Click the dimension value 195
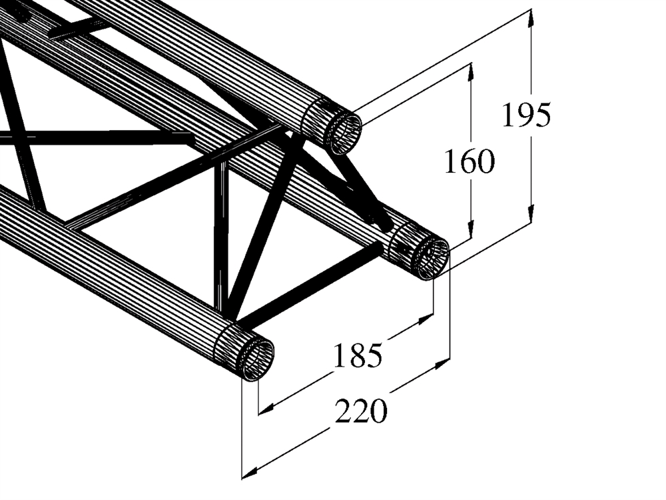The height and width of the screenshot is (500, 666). [x=526, y=115]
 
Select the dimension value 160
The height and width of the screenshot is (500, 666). [x=470, y=161]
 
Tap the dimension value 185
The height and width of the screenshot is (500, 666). [x=358, y=355]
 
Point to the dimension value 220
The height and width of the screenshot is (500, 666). [x=361, y=411]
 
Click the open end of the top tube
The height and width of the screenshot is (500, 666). [x=343, y=132]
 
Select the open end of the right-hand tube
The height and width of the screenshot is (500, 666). [x=431, y=259]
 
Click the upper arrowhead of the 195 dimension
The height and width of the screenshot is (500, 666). [x=531, y=18]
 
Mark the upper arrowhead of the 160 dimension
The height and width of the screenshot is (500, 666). [x=471, y=72]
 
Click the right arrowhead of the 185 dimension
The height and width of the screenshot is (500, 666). [x=426, y=319]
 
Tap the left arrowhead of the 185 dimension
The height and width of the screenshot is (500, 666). [x=267, y=409]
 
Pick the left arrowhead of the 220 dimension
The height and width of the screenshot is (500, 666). [x=250, y=473]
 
